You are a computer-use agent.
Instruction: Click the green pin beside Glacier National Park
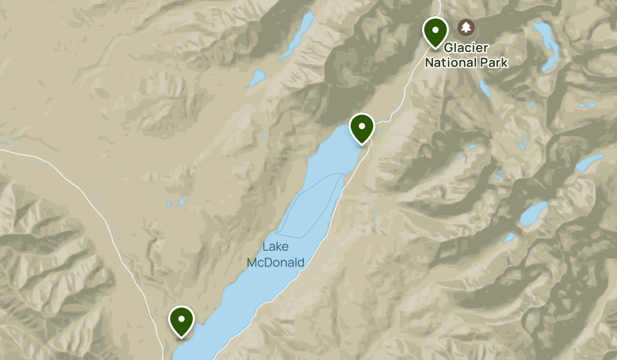[435, 32]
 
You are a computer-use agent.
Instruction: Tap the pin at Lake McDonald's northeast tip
[361, 128]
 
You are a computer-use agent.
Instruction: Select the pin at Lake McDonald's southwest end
[181, 321]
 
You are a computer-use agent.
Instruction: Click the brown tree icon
[466, 27]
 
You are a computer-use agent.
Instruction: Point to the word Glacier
[466, 47]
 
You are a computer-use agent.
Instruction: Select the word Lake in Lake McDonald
[275, 247]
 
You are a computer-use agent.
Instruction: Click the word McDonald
[276, 263]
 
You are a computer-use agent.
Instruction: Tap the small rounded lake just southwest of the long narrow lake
[256, 78]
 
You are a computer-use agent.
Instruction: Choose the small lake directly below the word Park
[485, 88]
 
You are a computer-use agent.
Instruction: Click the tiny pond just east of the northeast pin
[379, 131]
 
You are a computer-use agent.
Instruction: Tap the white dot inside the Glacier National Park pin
[435, 29]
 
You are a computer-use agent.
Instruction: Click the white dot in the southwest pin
[181, 318]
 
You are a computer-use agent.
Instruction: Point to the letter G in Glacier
[449, 47]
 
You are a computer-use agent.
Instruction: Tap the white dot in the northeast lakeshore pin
[361, 125]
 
